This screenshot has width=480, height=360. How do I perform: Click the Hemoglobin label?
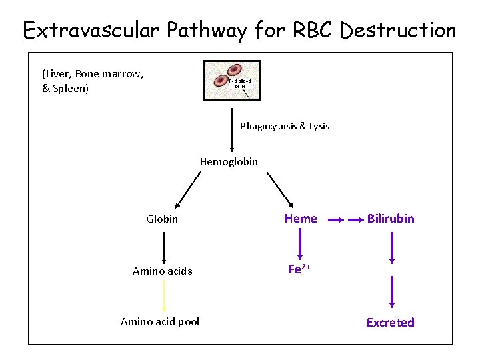click(x=229, y=162)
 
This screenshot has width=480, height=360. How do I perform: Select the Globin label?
click(x=162, y=219)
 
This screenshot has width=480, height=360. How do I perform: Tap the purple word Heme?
click(x=301, y=218)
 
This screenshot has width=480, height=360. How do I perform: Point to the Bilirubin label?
click(x=391, y=218)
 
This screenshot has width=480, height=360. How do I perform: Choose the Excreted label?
click(x=391, y=323)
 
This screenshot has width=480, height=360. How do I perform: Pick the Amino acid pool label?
click(x=160, y=322)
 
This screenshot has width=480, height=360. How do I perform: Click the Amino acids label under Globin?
click(x=163, y=271)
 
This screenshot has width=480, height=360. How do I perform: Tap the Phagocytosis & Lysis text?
click(x=285, y=126)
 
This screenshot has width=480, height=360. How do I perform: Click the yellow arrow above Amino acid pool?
click(x=164, y=296)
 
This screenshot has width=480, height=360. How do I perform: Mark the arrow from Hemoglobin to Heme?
click(x=280, y=190)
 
